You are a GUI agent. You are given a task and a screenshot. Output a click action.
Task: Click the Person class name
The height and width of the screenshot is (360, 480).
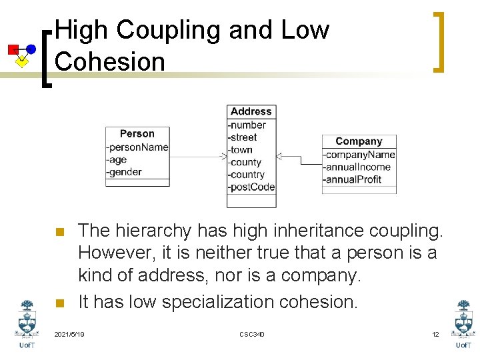[x=137, y=134]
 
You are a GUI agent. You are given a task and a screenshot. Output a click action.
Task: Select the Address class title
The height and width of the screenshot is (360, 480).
[x=251, y=111]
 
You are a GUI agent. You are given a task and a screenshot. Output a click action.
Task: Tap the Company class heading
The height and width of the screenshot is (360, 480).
[x=359, y=141]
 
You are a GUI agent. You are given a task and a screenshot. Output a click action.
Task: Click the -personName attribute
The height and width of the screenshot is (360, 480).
[x=138, y=147]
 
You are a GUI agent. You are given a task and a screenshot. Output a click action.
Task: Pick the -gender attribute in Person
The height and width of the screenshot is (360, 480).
[x=125, y=172]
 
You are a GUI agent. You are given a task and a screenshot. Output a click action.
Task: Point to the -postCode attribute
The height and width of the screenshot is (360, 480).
[x=251, y=187]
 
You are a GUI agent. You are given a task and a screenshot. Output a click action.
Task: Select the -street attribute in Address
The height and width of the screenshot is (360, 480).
[x=243, y=137]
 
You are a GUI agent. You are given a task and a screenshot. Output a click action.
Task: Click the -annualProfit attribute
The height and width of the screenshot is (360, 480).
[x=353, y=179]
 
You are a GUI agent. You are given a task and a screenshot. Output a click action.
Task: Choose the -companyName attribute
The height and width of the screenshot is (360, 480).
[x=359, y=155]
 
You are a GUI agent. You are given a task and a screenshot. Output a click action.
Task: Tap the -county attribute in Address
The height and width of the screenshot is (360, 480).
[x=245, y=162]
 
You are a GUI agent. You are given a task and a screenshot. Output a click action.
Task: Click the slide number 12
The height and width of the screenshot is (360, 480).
[x=435, y=334]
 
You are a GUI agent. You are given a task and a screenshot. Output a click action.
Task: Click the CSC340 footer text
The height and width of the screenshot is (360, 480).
[x=252, y=334]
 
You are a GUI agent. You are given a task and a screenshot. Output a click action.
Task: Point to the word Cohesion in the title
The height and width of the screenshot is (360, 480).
[x=110, y=61]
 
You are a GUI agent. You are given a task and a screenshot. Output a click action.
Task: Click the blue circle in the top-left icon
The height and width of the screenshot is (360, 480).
[x=31, y=49]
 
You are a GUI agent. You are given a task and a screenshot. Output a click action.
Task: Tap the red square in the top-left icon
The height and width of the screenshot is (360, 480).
[x=13, y=49]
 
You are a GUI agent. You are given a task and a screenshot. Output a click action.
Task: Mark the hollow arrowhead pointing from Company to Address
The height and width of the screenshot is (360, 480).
[x=280, y=157]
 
